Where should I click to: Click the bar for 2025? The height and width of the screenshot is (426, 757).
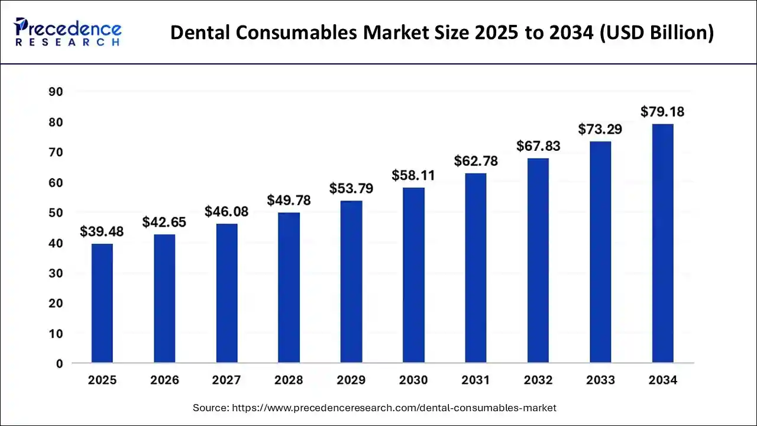click(102, 303)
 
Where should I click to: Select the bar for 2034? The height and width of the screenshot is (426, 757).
click(662, 243)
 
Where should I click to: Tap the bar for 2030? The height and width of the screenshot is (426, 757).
click(413, 275)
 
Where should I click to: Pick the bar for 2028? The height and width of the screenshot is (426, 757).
click(289, 287)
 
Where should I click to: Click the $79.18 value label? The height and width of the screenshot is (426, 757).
click(662, 112)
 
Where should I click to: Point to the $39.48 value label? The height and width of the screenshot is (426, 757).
click(102, 232)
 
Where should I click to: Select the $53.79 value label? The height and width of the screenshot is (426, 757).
click(351, 189)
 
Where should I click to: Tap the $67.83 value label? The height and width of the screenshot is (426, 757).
click(538, 146)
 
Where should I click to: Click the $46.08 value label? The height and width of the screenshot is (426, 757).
click(227, 211)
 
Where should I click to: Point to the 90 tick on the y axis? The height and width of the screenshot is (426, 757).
click(56, 92)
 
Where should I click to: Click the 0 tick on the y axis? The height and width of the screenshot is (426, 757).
click(59, 364)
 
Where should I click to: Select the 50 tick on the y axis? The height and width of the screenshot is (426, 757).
click(56, 212)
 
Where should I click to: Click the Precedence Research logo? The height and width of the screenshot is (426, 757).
click(68, 32)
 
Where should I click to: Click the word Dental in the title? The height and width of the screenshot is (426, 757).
click(199, 33)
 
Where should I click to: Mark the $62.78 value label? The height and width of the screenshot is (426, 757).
click(475, 161)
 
